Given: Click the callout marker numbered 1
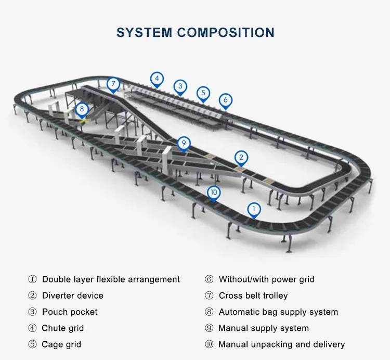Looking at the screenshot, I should [x=254, y=210].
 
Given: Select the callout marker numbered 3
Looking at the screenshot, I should [x=180, y=86].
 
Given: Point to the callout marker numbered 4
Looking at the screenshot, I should [x=157, y=80].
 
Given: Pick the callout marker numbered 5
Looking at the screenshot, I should [x=203, y=94].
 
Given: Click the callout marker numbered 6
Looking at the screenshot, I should [x=225, y=99].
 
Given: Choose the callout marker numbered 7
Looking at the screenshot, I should [x=113, y=84].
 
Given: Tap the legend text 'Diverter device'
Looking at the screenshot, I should [x=73, y=295].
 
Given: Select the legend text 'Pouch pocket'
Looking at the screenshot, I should [x=70, y=312].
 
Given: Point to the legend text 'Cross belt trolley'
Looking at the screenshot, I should [x=253, y=295].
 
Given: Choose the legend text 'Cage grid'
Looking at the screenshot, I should [x=61, y=344].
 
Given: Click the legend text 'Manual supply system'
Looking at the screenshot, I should [x=264, y=328].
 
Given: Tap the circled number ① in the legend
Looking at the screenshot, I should [x=32, y=279].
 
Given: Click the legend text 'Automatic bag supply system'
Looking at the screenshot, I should [x=278, y=312].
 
